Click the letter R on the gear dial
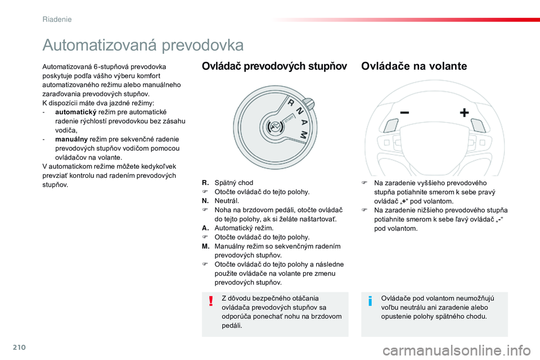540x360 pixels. pos(290,105)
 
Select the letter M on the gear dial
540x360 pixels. pos(304,134)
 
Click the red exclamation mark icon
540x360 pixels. pos(211,302)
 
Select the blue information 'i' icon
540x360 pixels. pos(370,302)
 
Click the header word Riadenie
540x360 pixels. pos(57,19)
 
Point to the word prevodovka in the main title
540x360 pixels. pos(202,45)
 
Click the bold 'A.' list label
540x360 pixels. pos(205,228)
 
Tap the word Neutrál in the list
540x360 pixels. pos(227,201)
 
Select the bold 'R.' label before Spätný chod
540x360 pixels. pos(205,183)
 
